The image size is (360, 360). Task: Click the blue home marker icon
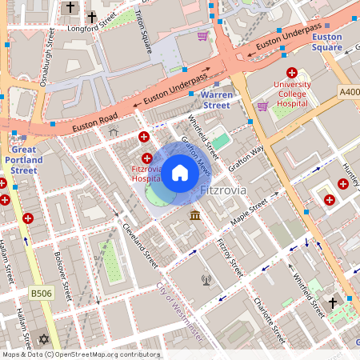tap(180, 173)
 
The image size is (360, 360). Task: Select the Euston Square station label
tap(326, 42)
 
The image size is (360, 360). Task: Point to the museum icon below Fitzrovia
tap(194, 216)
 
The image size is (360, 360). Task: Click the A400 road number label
tap(348, 92)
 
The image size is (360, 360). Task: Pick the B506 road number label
tap(41, 294)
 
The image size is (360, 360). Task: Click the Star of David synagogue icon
tap(43, 341)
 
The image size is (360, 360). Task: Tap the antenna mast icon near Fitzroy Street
tap(206, 280)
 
